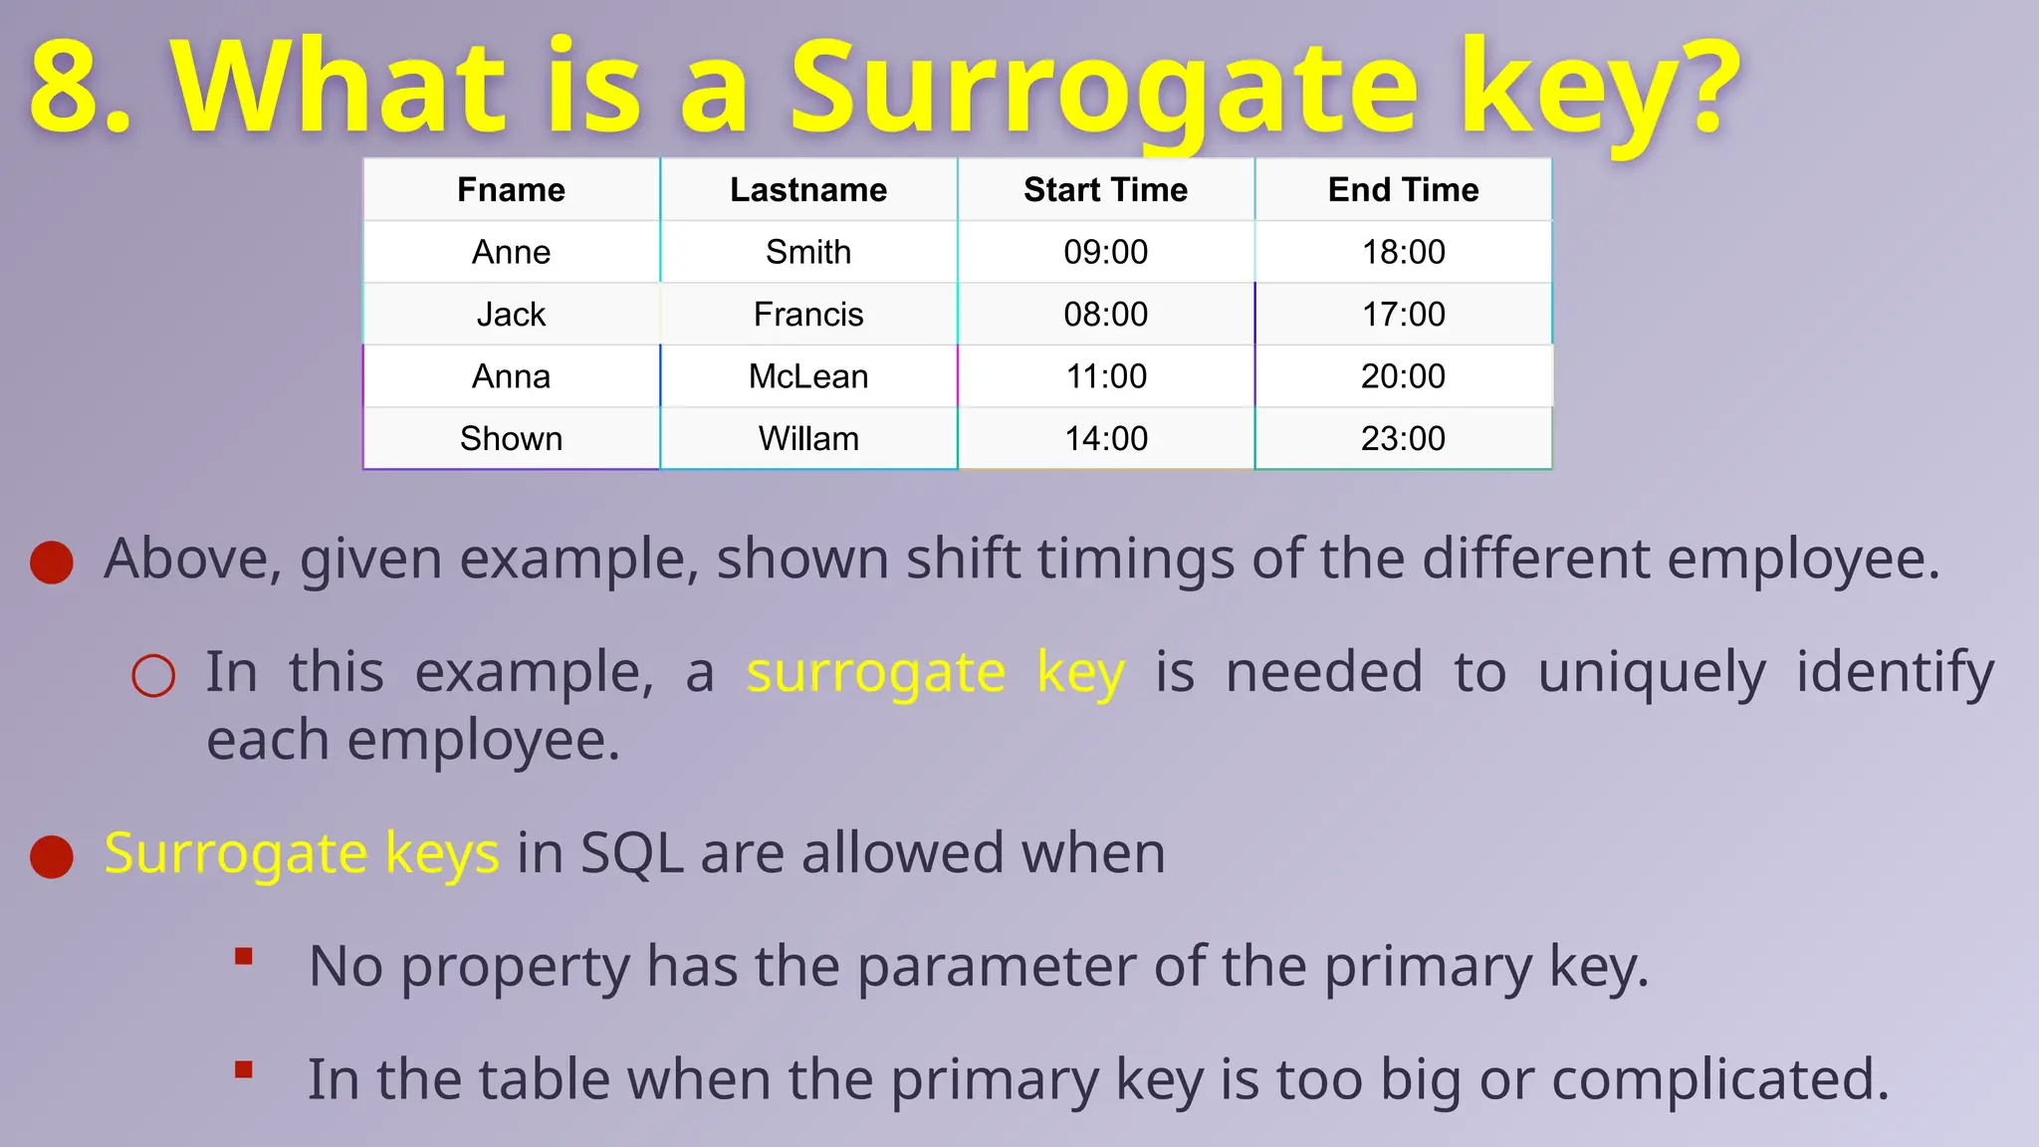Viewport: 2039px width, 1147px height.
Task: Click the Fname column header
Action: (511, 189)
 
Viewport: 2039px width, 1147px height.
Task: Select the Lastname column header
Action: (808, 189)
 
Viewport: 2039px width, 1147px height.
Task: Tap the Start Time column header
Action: (1105, 189)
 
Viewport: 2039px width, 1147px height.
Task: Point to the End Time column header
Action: (1403, 189)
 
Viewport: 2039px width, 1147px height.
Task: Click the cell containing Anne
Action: (511, 252)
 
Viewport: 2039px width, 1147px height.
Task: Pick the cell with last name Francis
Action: (808, 315)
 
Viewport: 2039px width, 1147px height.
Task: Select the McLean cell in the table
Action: (808, 376)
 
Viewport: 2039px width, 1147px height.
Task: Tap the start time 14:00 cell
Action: (1105, 438)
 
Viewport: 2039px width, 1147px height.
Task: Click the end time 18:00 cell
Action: (1403, 252)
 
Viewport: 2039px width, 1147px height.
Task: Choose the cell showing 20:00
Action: (1403, 376)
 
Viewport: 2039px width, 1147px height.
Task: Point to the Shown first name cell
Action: (511, 438)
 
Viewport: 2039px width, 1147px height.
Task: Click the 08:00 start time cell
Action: (1105, 315)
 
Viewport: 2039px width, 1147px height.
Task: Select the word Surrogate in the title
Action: (1103, 90)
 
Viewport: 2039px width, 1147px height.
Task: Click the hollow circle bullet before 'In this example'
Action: (153, 675)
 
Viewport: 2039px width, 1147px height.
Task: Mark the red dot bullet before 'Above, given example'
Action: (52, 562)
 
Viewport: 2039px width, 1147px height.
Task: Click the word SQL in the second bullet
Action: (631, 854)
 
